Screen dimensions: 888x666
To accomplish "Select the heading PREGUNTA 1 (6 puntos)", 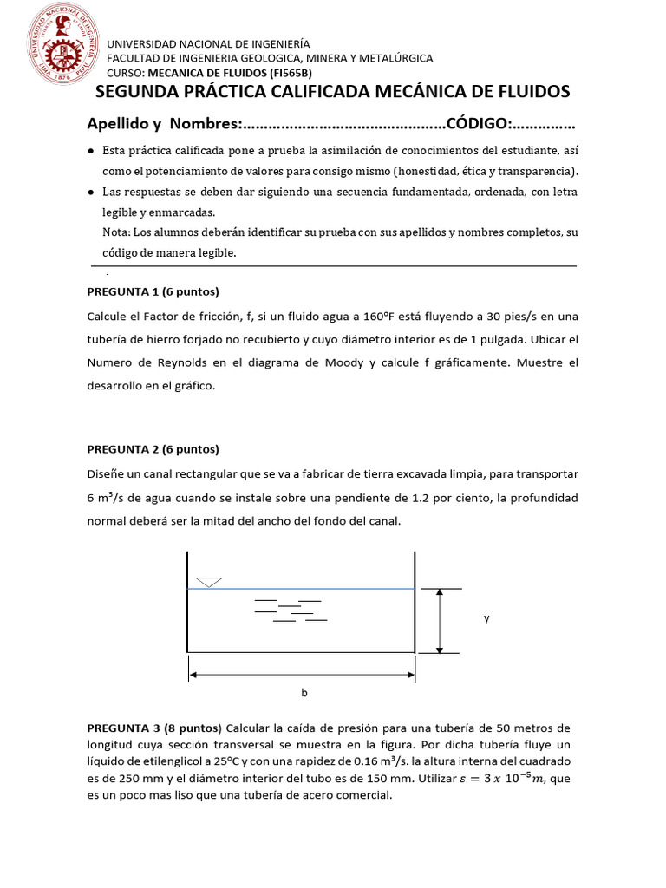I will (x=153, y=291).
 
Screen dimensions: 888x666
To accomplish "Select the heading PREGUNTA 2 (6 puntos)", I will (x=153, y=449).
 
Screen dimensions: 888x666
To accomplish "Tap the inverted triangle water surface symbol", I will (x=209, y=581).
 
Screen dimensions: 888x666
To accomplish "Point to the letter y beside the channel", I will (x=486, y=618).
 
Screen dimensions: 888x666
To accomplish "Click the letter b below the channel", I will (x=304, y=693).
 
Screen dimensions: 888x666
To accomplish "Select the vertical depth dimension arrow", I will (x=441, y=620).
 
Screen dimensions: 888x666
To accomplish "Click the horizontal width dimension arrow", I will (x=302, y=672).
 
